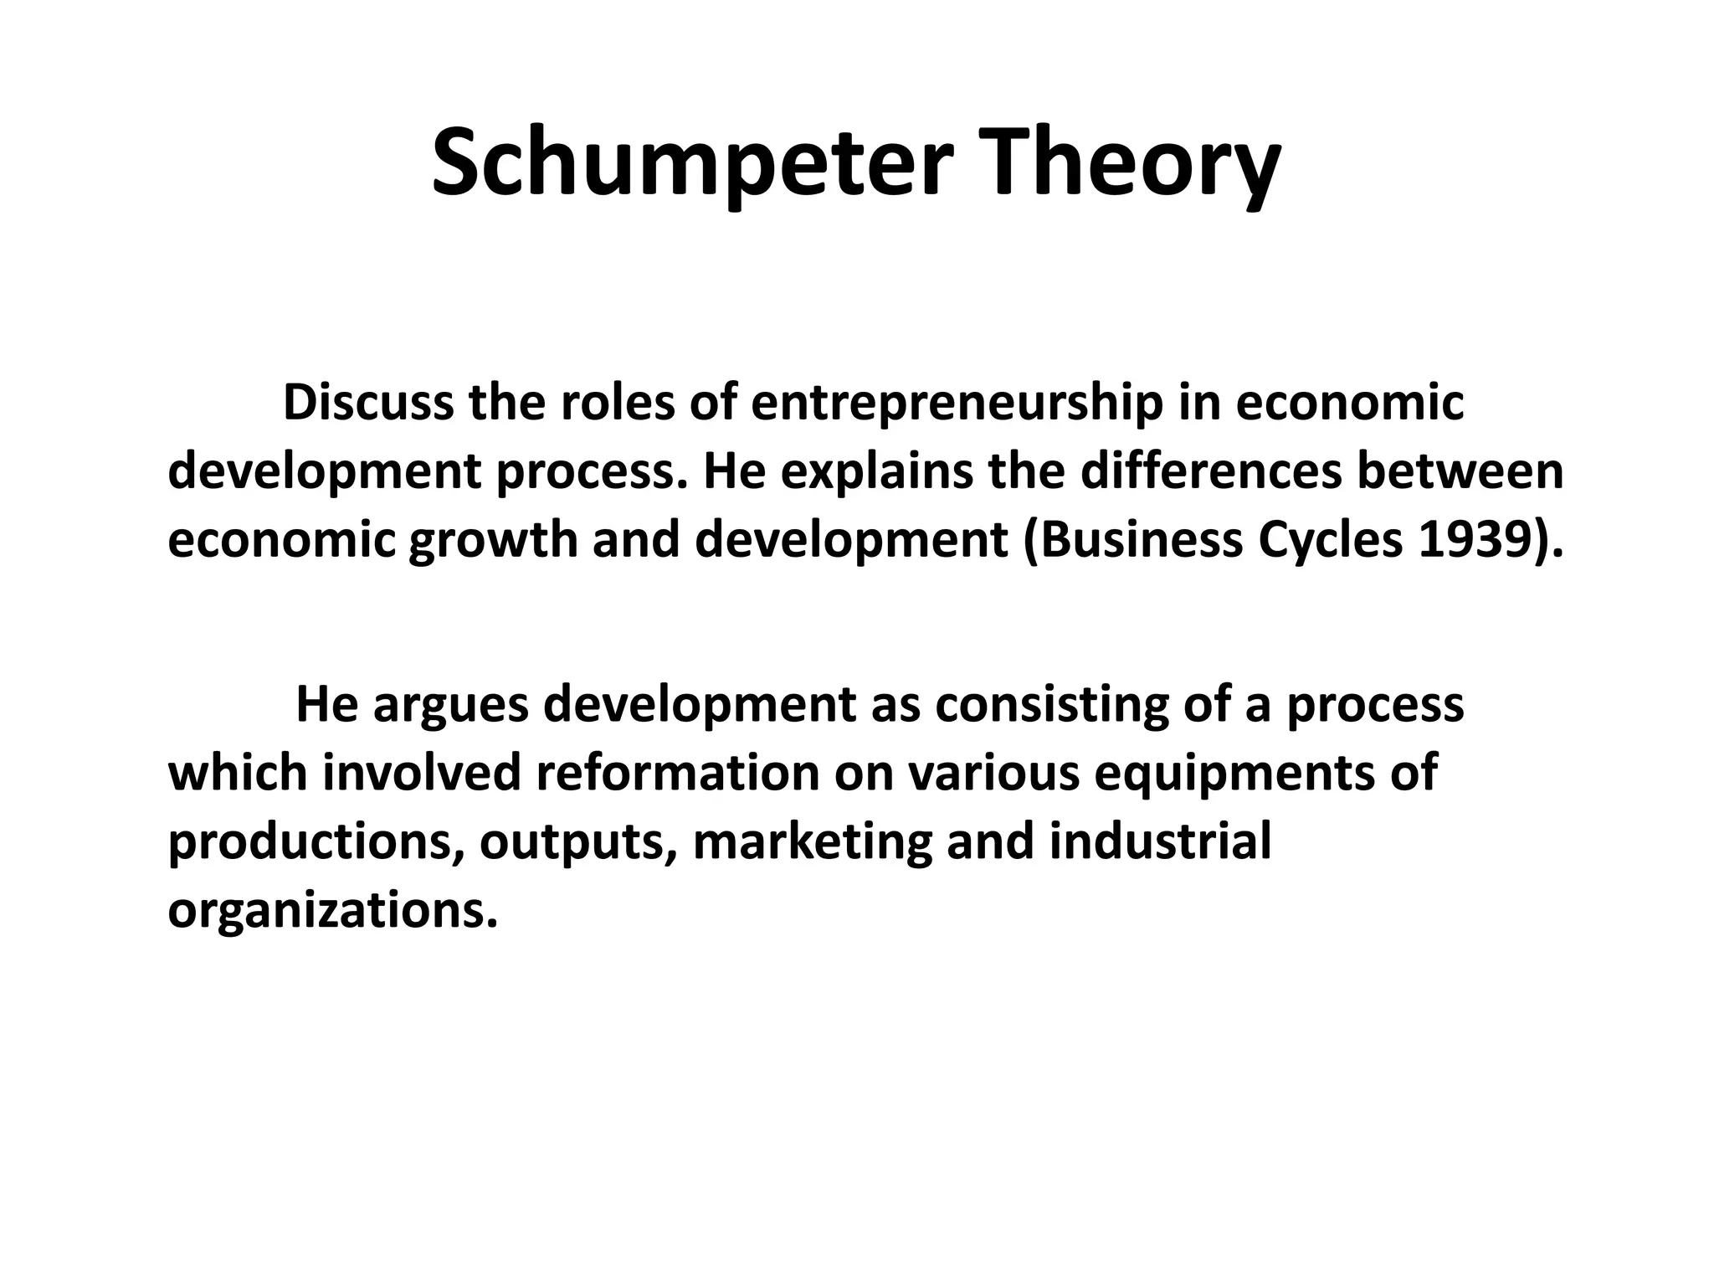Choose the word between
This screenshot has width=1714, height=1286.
point(1460,471)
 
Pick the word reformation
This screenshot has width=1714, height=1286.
point(677,773)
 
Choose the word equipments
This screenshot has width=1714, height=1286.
point(1234,773)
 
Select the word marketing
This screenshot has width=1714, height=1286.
point(812,841)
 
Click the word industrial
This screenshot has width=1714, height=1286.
point(1159,841)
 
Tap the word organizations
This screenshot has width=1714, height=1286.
point(332,910)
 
